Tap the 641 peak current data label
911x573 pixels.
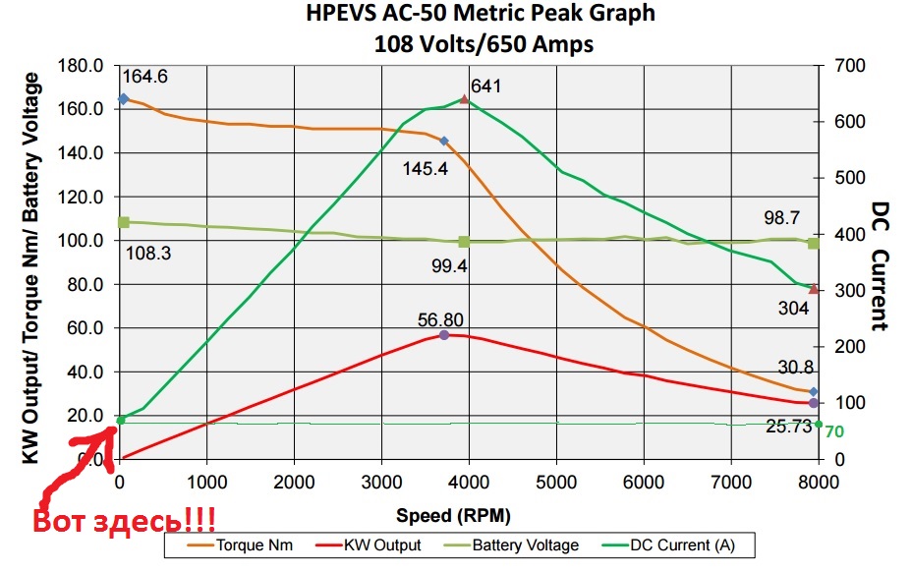coord(485,86)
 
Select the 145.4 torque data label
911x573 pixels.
coord(425,168)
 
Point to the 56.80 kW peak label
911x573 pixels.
coord(440,319)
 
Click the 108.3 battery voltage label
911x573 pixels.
coord(148,254)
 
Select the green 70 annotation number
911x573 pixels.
coord(834,431)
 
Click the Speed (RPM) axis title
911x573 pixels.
coord(453,515)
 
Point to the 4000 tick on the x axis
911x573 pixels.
coord(469,482)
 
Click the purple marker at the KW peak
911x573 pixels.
coord(444,335)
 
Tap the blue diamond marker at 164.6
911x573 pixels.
coord(123,98)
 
